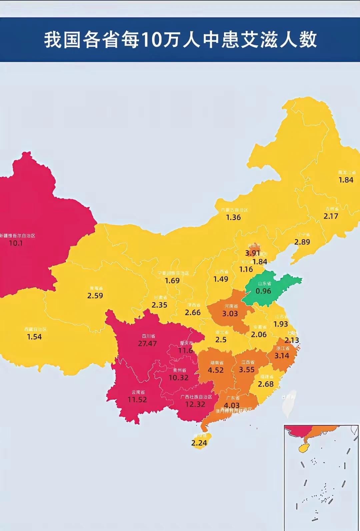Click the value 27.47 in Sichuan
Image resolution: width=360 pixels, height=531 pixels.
[x=147, y=344]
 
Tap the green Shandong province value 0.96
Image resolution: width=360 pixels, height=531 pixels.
[x=263, y=291]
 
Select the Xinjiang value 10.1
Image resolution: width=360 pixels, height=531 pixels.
[x=16, y=243]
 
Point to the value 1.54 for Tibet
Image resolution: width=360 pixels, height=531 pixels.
[x=34, y=337]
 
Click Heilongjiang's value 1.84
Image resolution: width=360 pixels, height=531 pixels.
[x=346, y=180]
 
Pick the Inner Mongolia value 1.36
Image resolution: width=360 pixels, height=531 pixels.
[x=233, y=217]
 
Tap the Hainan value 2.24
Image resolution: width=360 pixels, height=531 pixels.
[x=199, y=443]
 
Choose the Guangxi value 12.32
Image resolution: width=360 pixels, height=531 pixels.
[x=195, y=404]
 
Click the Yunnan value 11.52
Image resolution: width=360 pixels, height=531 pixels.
[x=137, y=400]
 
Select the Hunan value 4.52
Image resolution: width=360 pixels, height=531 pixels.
[x=216, y=370]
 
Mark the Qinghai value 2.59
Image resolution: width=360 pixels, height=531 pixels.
[x=95, y=296]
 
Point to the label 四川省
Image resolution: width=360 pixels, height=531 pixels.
[x=148, y=336]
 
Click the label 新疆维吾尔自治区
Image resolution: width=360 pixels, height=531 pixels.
[x=17, y=236]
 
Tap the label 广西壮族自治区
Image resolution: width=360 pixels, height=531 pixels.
[x=196, y=397]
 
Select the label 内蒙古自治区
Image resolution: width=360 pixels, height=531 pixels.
[x=235, y=210]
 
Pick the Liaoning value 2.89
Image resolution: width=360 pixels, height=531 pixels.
[x=302, y=242]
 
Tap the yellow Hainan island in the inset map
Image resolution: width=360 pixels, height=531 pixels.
[x=304, y=448]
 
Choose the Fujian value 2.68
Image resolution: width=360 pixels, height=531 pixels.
[x=266, y=384]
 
